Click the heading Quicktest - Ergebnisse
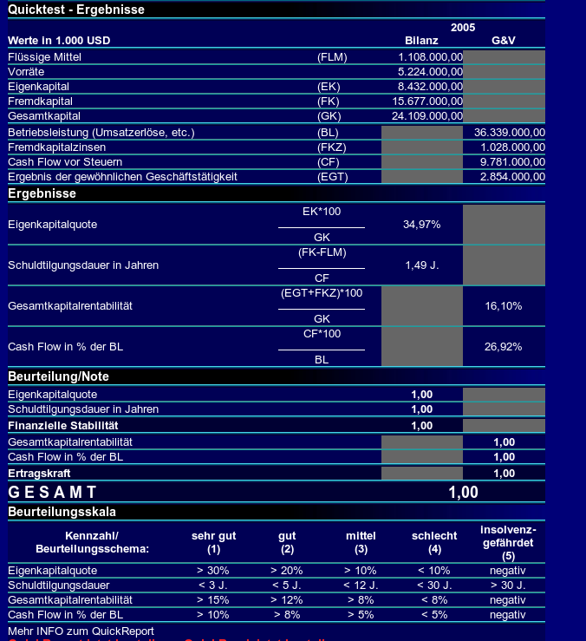point(76,10)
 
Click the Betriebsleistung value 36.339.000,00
point(510,132)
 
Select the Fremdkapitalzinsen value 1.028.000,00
point(512,147)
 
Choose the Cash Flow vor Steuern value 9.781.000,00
point(512,161)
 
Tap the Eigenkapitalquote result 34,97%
point(422,225)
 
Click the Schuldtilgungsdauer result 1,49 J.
point(422,265)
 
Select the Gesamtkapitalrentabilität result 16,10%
point(504,306)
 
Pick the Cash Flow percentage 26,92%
point(504,347)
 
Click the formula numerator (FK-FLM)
point(322,252)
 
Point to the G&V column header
point(504,41)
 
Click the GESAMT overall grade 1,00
point(463,492)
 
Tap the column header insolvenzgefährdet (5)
point(508,542)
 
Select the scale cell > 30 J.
point(508,585)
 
